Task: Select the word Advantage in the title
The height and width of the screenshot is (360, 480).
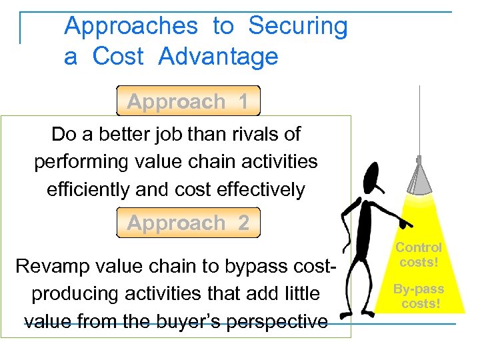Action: click(218, 57)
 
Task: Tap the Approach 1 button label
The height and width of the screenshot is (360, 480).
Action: click(187, 102)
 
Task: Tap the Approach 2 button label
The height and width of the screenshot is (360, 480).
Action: click(187, 223)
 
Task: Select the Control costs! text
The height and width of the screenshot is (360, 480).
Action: click(419, 255)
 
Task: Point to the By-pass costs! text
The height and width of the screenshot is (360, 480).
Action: click(419, 297)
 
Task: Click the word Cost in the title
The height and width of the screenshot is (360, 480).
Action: click(118, 57)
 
